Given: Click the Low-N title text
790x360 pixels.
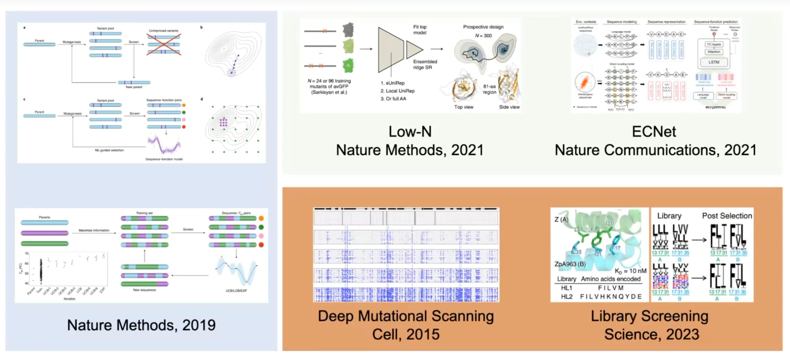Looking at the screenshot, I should [x=410, y=132].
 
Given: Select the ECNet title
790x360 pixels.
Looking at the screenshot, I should [x=654, y=132].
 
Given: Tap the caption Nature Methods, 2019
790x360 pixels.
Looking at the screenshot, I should [x=141, y=325].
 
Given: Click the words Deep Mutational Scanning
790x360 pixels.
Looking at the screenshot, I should [x=406, y=316].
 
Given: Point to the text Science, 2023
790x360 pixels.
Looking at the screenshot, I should [x=651, y=334].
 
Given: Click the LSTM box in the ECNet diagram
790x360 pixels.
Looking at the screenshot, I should [x=714, y=62].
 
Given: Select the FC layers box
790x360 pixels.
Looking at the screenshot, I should [x=714, y=45].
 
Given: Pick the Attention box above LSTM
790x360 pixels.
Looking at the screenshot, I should [x=714, y=52].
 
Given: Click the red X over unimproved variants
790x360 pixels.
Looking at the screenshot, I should [x=164, y=44].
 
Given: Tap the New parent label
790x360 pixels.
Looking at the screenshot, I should [x=134, y=87].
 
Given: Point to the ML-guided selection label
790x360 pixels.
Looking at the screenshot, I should [x=109, y=150].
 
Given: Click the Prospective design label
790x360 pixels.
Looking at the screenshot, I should [x=483, y=27].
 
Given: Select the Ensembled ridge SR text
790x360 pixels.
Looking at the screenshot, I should [x=425, y=64].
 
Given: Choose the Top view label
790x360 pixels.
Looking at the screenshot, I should [x=464, y=107].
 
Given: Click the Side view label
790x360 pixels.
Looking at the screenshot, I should [x=509, y=107].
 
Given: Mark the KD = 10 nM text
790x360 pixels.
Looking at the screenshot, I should [x=630, y=271].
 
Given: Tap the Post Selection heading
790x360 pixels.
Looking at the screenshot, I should [x=727, y=216].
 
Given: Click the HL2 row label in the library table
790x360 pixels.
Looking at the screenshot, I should [x=567, y=296].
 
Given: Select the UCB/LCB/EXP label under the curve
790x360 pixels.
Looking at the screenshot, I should [x=236, y=291].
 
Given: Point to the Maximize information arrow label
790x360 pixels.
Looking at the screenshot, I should [x=94, y=230].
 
